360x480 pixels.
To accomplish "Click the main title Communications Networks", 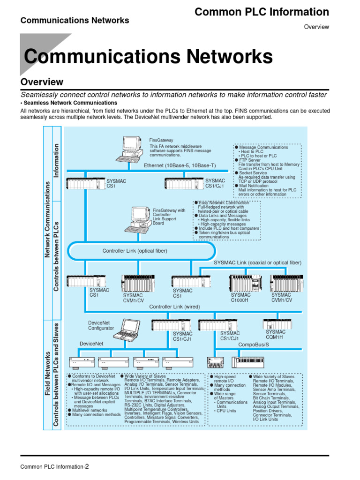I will [148, 57].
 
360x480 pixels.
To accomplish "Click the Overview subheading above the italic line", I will [42, 82].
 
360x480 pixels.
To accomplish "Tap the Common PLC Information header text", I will [262, 12].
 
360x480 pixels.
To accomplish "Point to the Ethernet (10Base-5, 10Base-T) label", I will [180, 165].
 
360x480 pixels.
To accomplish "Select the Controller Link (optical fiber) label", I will [135, 251].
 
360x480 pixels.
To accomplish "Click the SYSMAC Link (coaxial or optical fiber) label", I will [257, 262].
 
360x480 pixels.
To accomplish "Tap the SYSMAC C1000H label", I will [240, 298].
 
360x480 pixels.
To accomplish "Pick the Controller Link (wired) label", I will [174, 307].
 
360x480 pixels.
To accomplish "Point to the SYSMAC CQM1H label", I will [276, 334].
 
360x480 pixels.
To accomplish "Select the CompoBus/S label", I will [254, 345].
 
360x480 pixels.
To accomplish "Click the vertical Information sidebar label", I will [56, 161].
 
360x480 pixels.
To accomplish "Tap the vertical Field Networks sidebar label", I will [47, 375].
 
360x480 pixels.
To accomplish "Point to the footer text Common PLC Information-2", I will [54, 466].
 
